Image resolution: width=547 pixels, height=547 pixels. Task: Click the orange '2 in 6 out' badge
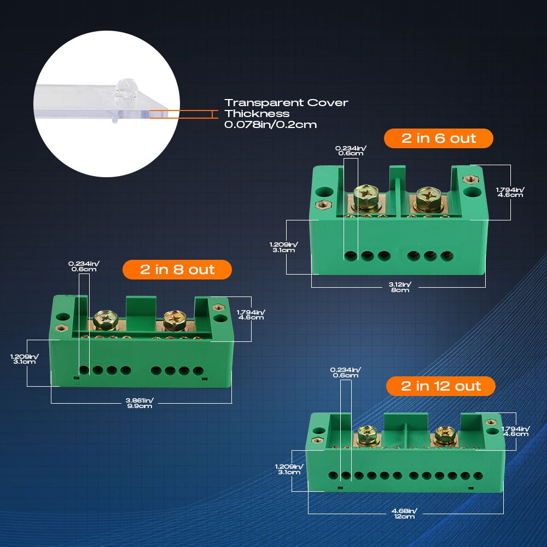[438, 138]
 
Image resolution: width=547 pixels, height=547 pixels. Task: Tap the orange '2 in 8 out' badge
[177, 270]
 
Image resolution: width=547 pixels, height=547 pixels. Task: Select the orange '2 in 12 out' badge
[440, 386]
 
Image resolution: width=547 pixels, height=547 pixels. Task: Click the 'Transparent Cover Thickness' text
[286, 108]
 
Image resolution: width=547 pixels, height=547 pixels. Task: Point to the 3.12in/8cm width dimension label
[400, 287]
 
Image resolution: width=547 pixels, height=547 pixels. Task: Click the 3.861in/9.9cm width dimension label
[139, 403]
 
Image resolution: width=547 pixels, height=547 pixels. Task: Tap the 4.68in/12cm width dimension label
[404, 514]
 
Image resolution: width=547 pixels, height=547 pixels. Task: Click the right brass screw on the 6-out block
[428, 200]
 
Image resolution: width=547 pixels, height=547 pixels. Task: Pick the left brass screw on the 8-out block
[106, 320]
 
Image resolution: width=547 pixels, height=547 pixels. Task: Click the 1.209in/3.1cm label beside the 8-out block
[25, 359]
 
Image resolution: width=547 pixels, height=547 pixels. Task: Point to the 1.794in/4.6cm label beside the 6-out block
[510, 192]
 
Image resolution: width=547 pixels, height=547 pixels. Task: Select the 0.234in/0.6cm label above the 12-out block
[345, 373]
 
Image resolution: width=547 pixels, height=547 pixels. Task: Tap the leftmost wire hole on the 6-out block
[351, 256]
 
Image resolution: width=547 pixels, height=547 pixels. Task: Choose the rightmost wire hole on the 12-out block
[478, 475]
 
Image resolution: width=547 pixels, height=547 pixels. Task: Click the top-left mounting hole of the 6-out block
[324, 192]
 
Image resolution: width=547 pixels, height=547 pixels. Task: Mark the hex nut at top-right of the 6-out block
[470, 179]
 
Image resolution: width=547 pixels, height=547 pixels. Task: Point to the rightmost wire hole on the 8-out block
[198, 370]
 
